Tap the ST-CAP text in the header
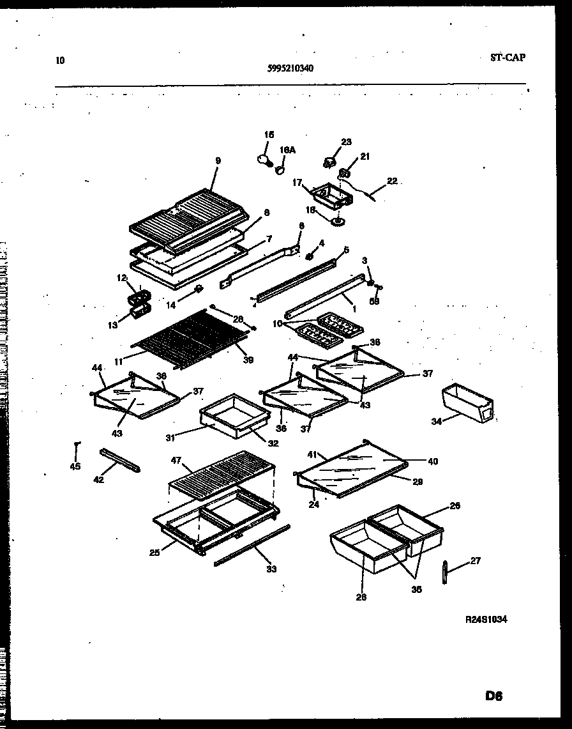click(508, 58)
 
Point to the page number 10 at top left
click(60, 61)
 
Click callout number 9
click(218, 161)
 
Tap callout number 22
click(391, 181)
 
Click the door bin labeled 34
click(468, 404)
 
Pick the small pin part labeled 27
click(444, 571)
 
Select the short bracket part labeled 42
click(119, 459)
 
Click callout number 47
click(177, 460)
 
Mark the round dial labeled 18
click(336, 221)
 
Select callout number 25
click(154, 553)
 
